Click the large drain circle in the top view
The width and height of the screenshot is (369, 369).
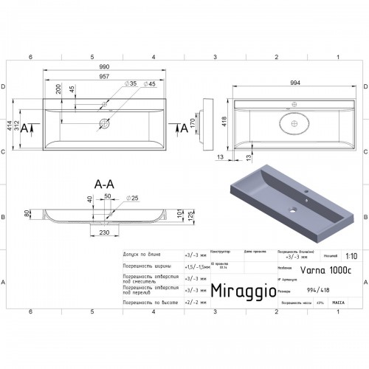tap(105, 123)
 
